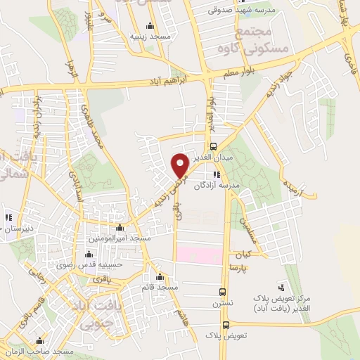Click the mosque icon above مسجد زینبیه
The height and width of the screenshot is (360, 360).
pyautogui.click(x=148, y=26)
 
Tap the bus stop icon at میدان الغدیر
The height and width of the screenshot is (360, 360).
pyautogui.click(x=213, y=146)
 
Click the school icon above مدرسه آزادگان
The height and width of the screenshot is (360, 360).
pyautogui.click(x=216, y=174)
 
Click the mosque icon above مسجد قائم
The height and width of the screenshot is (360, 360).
pyautogui.click(x=161, y=276)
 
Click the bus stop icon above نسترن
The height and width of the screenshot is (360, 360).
pyautogui.click(x=223, y=292)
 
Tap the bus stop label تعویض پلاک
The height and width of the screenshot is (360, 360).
pyautogui.click(x=223, y=336)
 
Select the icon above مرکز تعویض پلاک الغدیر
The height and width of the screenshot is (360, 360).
pyautogui.click(x=282, y=287)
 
